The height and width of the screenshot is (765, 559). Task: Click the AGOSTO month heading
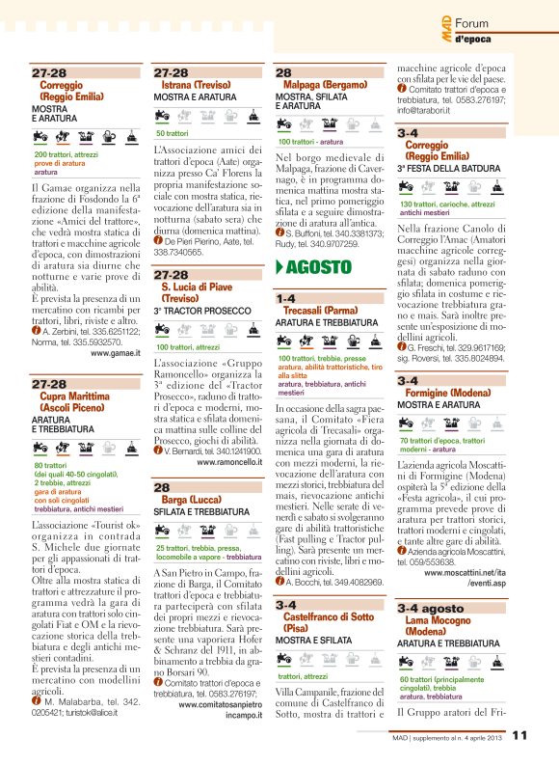[x=318, y=266]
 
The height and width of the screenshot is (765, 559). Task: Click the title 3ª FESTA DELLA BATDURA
[x=446, y=167]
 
